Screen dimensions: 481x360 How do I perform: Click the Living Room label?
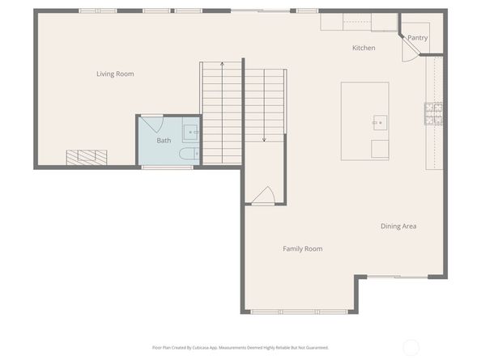(x=115, y=74)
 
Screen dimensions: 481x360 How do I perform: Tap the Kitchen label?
(x=364, y=48)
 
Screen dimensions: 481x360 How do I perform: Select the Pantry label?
(x=418, y=38)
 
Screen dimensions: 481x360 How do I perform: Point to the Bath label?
(x=164, y=140)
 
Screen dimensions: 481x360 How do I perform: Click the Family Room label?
(x=303, y=249)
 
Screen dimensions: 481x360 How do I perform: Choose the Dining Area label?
(x=398, y=226)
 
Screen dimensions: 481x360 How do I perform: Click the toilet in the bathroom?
(x=189, y=154)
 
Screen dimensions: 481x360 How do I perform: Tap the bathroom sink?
(x=190, y=132)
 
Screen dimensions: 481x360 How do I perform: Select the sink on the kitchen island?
(x=380, y=122)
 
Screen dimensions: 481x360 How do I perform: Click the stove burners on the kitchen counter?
(x=433, y=114)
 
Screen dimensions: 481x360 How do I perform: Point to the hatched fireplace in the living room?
(x=87, y=158)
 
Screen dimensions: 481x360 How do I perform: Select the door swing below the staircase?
(x=263, y=195)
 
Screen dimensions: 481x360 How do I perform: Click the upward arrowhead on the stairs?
(x=222, y=64)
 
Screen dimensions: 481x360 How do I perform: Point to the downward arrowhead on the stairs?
(x=264, y=140)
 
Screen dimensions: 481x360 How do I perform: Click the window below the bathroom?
(x=167, y=167)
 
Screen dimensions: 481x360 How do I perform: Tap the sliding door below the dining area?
(x=398, y=277)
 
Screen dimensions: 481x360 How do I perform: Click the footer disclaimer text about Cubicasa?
(x=240, y=348)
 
